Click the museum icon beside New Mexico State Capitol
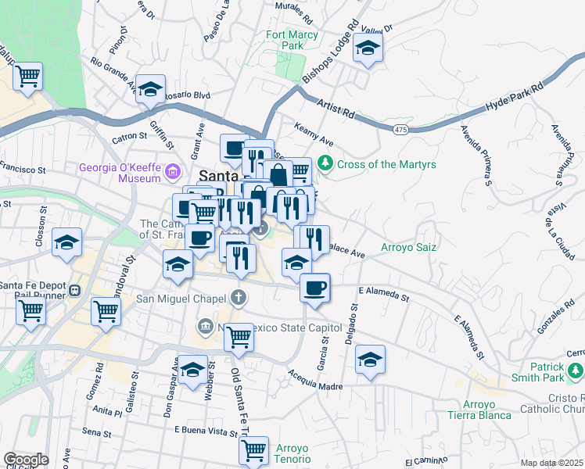[205, 324]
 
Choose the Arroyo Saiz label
[407, 248]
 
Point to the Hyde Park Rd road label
[515, 96]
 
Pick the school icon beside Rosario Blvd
[150, 89]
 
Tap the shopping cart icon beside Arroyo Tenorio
[253, 450]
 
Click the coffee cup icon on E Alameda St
[314, 288]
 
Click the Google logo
[26, 460]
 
